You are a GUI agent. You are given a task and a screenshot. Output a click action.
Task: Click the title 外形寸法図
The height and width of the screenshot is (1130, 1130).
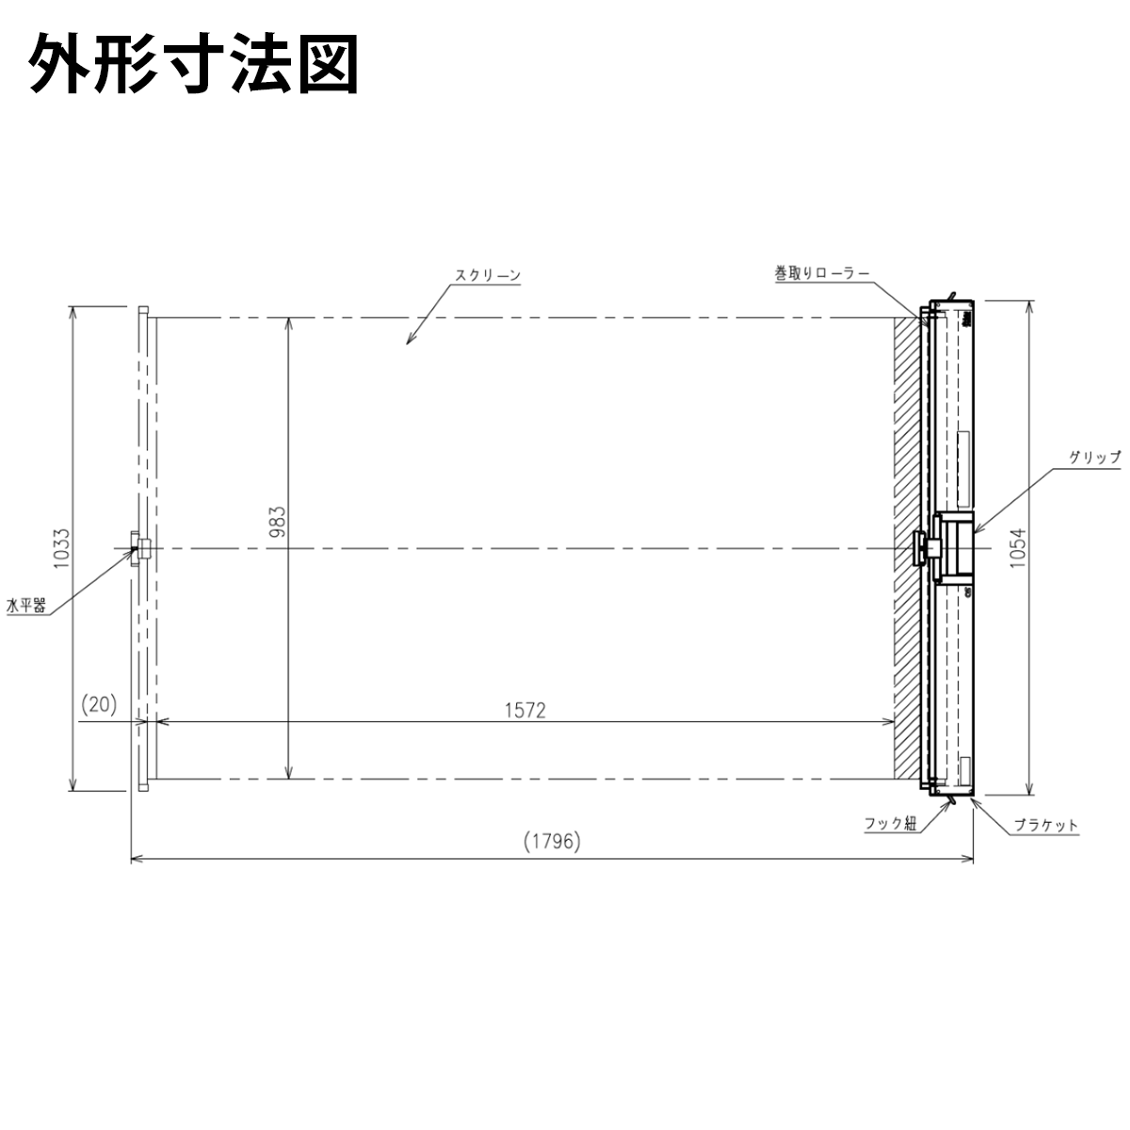point(194,63)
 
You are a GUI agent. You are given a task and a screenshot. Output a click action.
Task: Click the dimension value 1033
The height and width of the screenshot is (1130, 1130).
point(61,548)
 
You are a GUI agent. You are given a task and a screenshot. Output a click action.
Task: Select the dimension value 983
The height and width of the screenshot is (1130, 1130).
point(277,522)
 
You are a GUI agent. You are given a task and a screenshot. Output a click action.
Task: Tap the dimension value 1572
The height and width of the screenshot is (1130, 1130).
point(525,711)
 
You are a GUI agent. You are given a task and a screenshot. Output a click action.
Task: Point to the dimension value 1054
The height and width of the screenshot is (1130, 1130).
point(1018,548)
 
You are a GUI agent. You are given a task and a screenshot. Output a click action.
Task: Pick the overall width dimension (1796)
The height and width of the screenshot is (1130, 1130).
point(552,842)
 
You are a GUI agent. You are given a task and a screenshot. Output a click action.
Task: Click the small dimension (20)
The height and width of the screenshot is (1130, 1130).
point(99,704)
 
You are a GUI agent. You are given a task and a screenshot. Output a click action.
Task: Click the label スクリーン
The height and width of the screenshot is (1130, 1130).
point(488,276)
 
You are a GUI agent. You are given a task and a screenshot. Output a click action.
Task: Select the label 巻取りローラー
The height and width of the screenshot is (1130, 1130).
point(822,273)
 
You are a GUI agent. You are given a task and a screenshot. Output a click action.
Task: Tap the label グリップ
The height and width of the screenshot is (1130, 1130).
point(1095,458)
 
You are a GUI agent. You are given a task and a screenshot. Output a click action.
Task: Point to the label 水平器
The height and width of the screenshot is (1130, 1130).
point(25,605)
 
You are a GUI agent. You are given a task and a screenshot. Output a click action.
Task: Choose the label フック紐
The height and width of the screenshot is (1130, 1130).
point(890,823)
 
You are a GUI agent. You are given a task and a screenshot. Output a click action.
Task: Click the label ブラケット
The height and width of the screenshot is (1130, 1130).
point(1046,826)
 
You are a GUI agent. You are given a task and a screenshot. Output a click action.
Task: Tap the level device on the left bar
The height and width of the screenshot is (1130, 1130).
point(140,549)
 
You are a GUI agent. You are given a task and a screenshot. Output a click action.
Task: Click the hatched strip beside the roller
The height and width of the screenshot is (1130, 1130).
point(907,549)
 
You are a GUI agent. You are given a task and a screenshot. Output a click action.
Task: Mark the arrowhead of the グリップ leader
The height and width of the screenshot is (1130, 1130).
point(977,531)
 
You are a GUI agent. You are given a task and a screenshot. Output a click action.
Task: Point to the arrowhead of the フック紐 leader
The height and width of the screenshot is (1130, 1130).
point(946,804)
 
